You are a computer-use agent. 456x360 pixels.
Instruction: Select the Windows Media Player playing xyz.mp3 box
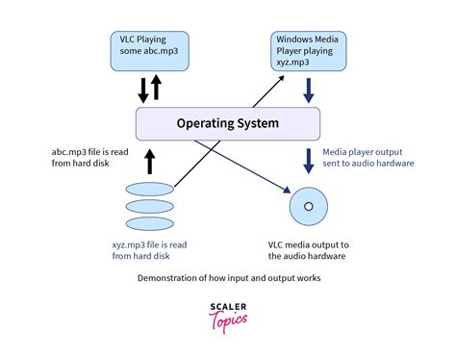pyautogui.click(x=309, y=50)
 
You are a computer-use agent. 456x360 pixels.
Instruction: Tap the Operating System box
pyautogui.click(x=228, y=123)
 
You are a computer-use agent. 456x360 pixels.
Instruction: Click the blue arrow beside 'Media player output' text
pyautogui.click(x=310, y=159)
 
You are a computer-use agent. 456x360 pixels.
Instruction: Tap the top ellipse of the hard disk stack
pyautogui.click(x=150, y=190)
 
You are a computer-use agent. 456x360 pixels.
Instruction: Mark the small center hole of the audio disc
pyautogui.click(x=310, y=207)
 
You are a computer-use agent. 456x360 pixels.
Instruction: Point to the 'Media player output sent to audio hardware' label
pyautogui.click(x=368, y=159)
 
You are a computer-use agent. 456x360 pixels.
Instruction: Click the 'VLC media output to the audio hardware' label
pyautogui.click(x=310, y=251)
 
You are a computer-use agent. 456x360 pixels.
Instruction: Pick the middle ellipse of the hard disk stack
pyautogui.click(x=150, y=206)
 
